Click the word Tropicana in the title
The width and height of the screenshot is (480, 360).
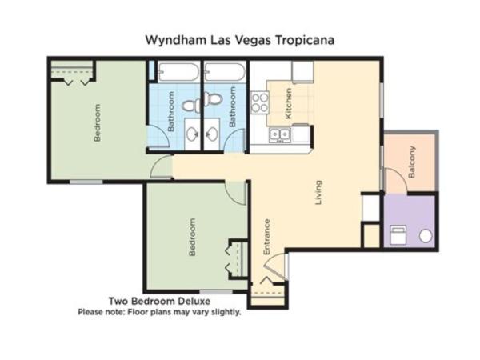tap(303, 38)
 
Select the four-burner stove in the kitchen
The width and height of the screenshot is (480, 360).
tap(261, 102)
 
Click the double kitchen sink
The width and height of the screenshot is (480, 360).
tap(279, 134)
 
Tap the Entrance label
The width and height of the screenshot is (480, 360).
tap(267, 237)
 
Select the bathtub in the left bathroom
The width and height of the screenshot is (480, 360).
tap(178, 72)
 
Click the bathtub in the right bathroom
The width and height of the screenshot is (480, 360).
tap(225, 72)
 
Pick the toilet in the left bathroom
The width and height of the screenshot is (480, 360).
tap(190, 104)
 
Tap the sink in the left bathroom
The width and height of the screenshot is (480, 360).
tap(193, 134)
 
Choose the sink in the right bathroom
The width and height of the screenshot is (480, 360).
tap(215, 134)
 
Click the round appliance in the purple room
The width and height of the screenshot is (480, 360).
tap(426, 235)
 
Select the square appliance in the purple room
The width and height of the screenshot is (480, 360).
tap(398, 234)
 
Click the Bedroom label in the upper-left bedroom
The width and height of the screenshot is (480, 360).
tap(98, 122)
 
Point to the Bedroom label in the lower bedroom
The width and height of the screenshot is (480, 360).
tap(192, 238)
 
